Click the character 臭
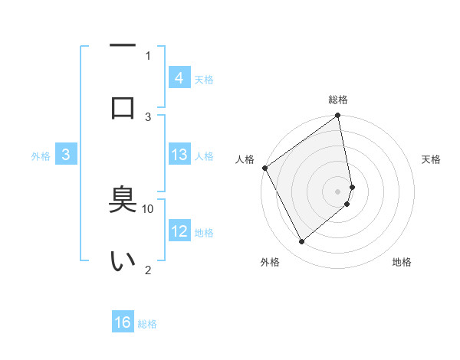coord(123,201)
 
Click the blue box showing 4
coord(179,78)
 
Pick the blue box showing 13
coord(179,155)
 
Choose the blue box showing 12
coord(179,231)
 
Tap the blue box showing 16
coord(123,323)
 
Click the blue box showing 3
coord(66,155)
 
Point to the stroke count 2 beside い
coord(148,269)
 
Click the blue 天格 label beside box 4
coord(203,79)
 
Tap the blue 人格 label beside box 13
coord(203,156)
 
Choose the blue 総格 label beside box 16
coord(147,324)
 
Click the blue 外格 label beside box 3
coord(41,156)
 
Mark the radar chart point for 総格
coord(338,116)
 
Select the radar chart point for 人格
coord(264,168)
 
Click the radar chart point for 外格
coord(301,242)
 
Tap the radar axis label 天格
coord(431,159)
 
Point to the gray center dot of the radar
coord(338,191)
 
